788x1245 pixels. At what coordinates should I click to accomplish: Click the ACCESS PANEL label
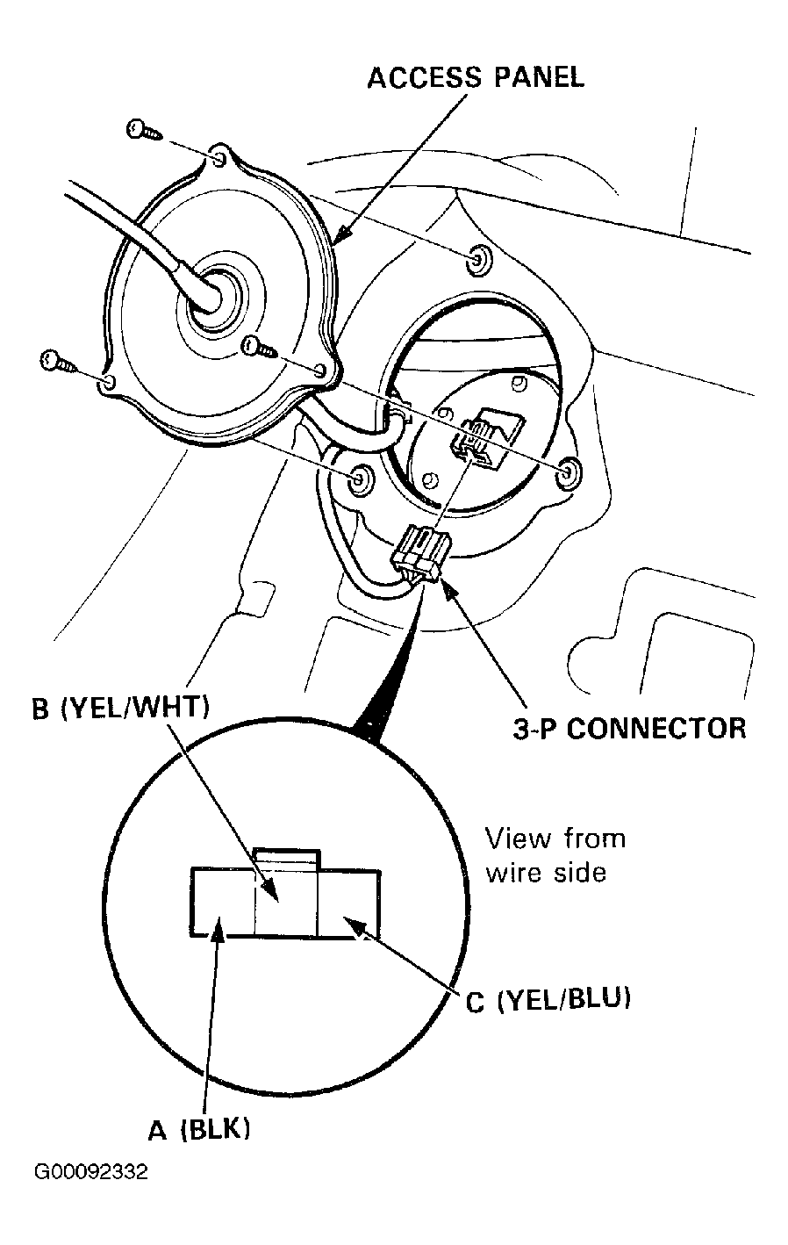(476, 78)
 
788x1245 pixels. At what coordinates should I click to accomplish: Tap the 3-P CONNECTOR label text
(629, 728)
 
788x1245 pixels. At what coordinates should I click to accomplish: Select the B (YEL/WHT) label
(121, 708)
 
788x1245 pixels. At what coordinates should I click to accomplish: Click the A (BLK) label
(198, 1129)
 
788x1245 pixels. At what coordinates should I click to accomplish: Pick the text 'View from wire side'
(555, 855)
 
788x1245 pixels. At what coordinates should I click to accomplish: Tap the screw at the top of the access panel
(145, 131)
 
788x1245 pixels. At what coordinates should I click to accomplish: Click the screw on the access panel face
(259, 346)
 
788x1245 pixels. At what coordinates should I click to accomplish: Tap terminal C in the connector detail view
(348, 903)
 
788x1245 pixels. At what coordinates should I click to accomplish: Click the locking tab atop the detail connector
(287, 858)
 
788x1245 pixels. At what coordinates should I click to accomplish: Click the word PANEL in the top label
(539, 78)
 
